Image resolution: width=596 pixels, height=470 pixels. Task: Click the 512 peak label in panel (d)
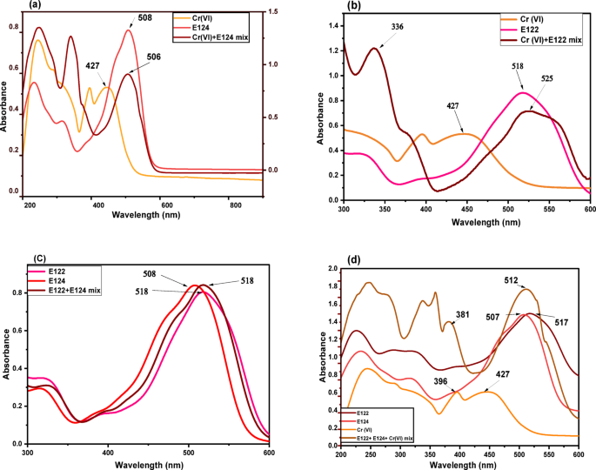511,280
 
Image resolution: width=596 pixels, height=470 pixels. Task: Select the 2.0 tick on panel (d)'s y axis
331,269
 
